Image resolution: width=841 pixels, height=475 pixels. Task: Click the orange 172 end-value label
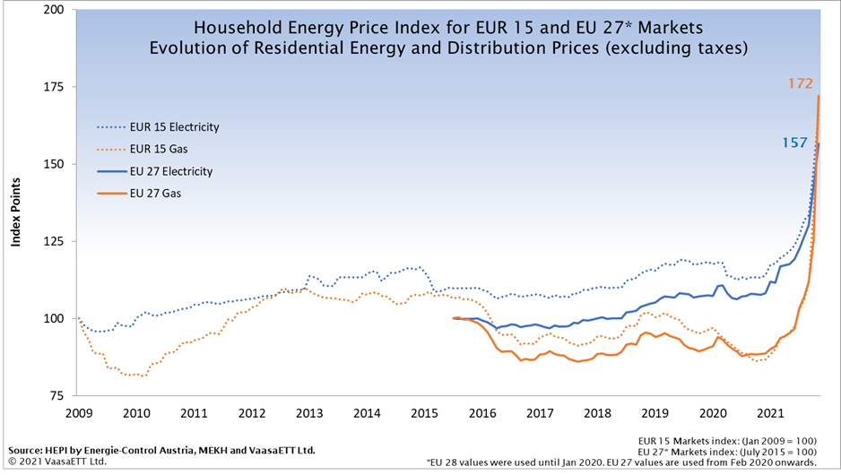[800, 83]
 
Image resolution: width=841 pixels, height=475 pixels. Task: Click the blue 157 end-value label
[794, 142]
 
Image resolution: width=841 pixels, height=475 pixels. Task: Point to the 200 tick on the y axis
[55, 10]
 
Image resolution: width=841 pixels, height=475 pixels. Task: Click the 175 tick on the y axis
[55, 87]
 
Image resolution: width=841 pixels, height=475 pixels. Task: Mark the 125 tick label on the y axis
[55, 241]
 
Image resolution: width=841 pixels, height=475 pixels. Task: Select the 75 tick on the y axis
[57, 395]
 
